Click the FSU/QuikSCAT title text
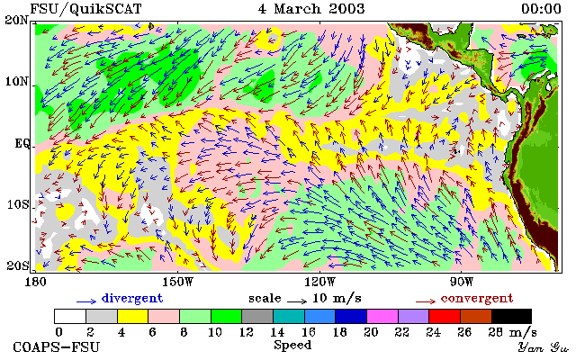click(x=85, y=9)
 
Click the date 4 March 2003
click(x=311, y=9)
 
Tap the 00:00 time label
click(x=541, y=9)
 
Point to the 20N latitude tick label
click(x=17, y=20)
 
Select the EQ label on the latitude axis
click(x=22, y=144)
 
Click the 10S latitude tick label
click(x=18, y=205)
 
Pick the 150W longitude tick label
click(x=178, y=282)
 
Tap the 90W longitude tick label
click(x=462, y=282)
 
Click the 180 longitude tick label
click(x=36, y=282)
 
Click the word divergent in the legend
click(x=132, y=299)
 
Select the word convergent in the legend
click(x=477, y=299)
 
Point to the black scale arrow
click(x=297, y=301)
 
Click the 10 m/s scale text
click(x=337, y=299)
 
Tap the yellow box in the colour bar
click(x=133, y=316)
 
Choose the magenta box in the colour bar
click(x=382, y=316)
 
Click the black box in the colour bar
click(x=511, y=316)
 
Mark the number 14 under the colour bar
click(x=277, y=332)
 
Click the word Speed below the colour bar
click(x=292, y=345)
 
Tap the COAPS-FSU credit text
click(x=57, y=347)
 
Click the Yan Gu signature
click(x=544, y=347)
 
